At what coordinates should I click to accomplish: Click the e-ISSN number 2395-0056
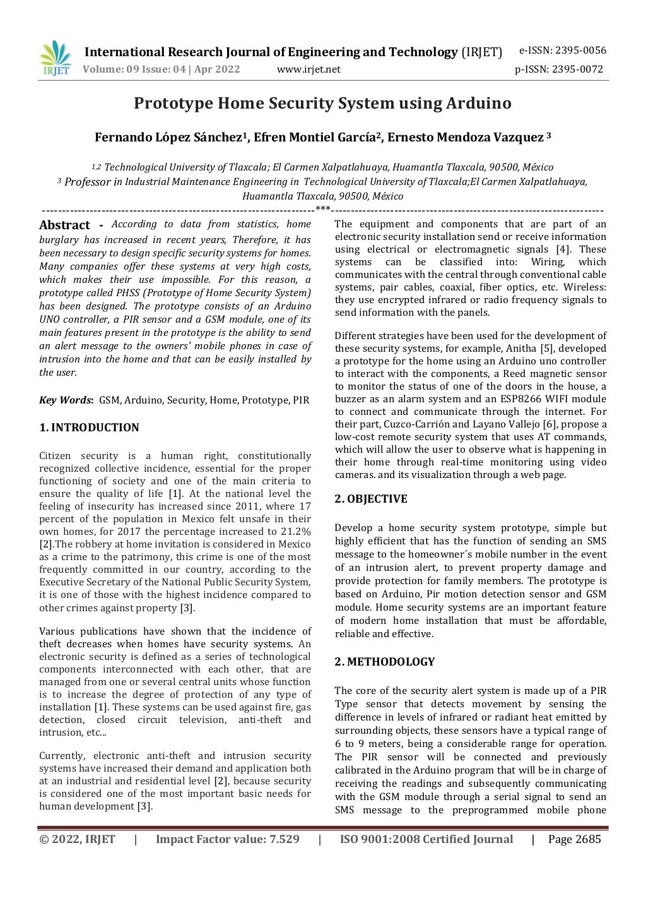tap(562, 51)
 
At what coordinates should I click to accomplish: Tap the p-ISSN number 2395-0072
tap(559, 69)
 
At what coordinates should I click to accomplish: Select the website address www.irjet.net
tap(308, 69)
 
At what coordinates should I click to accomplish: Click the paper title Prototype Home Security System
tap(322, 103)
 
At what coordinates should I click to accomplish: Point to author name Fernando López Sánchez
tap(169, 138)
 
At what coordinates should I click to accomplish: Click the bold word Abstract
tap(64, 225)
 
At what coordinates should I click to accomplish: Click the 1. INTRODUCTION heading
tap(89, 428)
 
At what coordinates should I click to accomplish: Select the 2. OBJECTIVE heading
tap(371, 499)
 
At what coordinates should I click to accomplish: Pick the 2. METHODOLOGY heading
tap(385, 662)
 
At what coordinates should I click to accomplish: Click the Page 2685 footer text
tap(574, 839)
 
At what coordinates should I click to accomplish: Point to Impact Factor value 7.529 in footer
tap(228, 839)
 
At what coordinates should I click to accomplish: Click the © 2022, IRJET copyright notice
tap(77, 839)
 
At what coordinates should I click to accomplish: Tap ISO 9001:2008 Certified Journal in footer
tap(426, 839)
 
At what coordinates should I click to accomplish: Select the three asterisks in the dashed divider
tap(322, 210)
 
